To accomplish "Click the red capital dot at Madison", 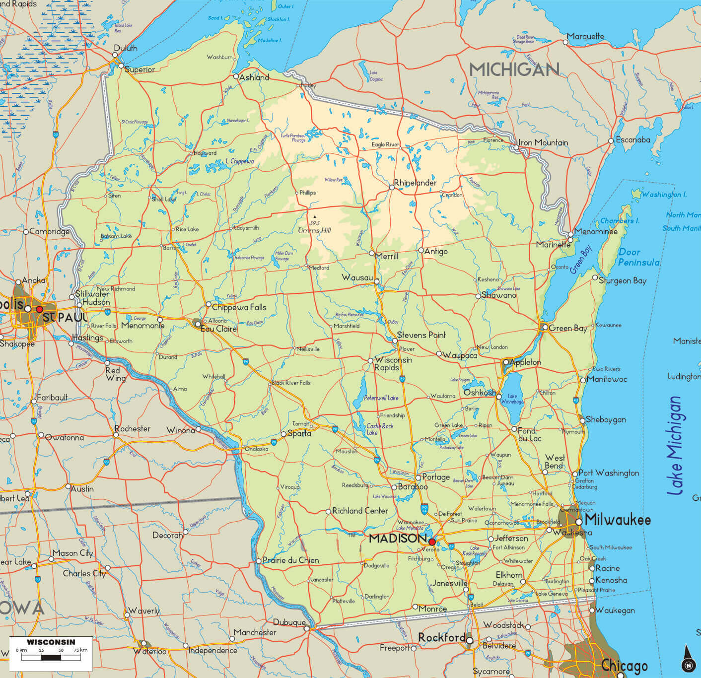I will (x=432, y=542).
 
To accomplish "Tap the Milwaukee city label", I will (x=618, y=520).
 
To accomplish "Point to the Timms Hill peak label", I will (x=314, y=230).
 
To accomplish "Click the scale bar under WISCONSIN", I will (x=51, y=658).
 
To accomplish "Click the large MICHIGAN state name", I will (x=514, y=69).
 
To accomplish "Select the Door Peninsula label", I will (x=638, y=257).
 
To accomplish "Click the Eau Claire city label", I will (x=218, y=329).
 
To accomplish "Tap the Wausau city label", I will (x=356, y=277).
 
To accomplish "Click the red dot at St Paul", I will (x=40, y=309).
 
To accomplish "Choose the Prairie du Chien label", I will (x=290, y=560).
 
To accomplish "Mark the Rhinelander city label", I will (x=416, y=183).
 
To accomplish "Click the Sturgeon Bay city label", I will (x=623, y=280).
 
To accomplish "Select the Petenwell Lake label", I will (x=381, y=398).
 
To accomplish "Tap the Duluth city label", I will (x=125, y=48).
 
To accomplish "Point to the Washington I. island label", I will (x=664, y=195).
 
